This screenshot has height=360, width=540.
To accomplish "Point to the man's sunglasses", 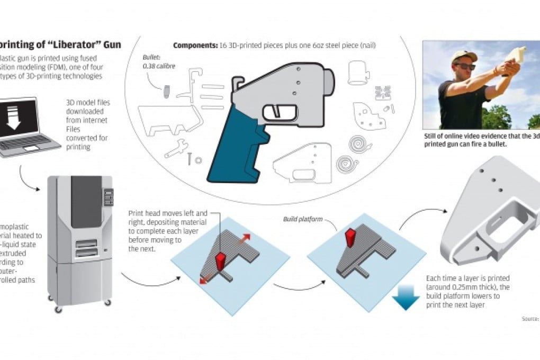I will [x=464, y=66].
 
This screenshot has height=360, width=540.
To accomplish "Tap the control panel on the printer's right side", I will [x=108, y=197].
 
